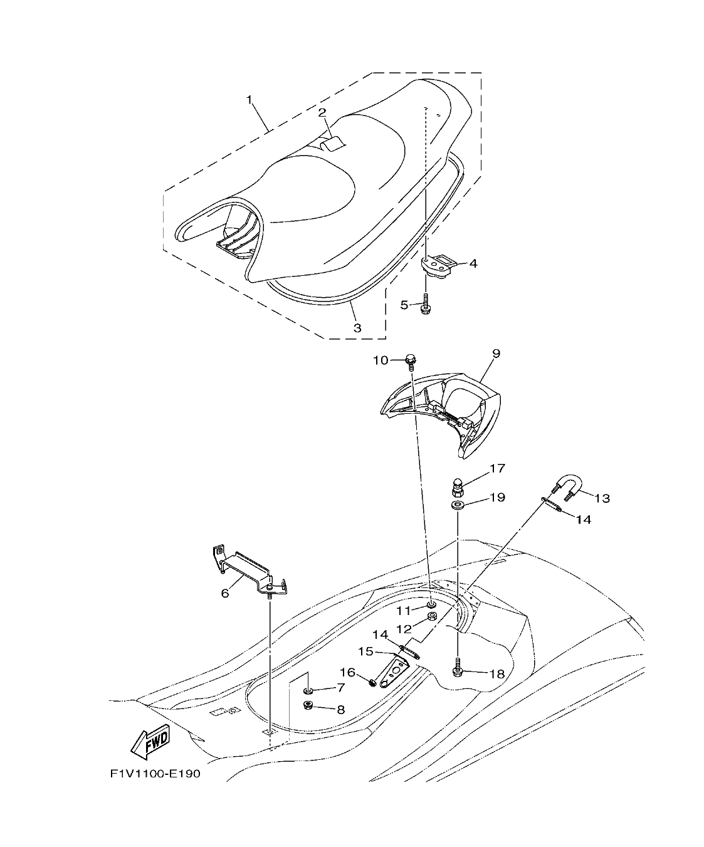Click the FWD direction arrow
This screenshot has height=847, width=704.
151,742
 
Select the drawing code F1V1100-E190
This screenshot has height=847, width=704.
155,774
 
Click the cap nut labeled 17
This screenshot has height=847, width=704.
457,485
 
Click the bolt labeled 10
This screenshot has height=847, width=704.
411,360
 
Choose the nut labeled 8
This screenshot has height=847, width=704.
308,706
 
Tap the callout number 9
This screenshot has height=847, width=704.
495,353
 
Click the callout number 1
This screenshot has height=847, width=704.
249,100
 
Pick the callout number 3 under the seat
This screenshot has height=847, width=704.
357,327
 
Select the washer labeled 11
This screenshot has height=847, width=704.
432,604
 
